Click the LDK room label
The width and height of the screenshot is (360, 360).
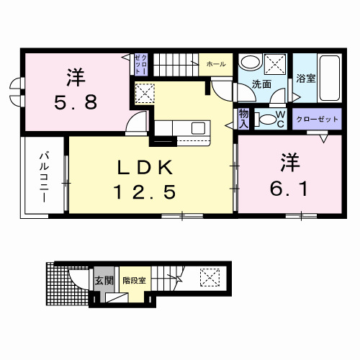click(146, 168)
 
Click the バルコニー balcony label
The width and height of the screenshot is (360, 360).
click(43, 177)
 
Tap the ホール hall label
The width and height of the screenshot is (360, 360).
click(216, 64)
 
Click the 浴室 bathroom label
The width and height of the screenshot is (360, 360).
click(306, 78)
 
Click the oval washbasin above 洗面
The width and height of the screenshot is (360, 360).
click(249, 62)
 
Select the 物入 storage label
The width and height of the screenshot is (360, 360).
click(243, 120)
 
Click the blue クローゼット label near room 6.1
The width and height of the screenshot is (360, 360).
click(315, 120)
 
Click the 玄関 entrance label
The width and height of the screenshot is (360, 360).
click(103, 279)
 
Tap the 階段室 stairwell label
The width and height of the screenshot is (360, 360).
click(134, 279)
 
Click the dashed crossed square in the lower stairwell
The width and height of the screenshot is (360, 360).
click(210, 276)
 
